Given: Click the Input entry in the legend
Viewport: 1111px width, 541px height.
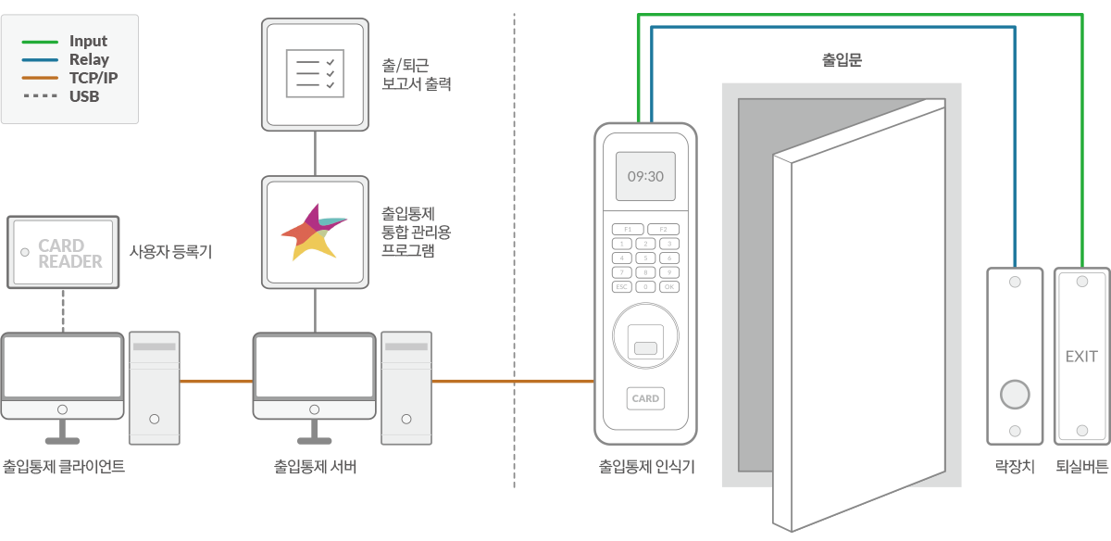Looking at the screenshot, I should [88, 41].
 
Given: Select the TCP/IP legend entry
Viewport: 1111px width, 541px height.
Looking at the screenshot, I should [93, 78].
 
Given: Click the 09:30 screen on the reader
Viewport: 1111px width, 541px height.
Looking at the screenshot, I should [645, 176].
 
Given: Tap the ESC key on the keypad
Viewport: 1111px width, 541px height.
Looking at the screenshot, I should [622, 286].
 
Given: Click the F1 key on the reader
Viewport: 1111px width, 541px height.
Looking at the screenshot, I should [627, 228].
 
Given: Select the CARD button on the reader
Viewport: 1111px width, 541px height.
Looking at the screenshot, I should [645, 398].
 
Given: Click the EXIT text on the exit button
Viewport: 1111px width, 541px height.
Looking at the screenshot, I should [1081, 357].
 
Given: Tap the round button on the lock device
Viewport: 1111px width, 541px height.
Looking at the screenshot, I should [1015, 395].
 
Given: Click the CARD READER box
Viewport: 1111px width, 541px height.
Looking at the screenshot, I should [64, 252].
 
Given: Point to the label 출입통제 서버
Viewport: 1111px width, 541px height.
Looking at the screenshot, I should [315, 467].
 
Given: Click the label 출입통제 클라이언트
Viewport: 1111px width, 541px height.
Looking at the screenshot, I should [64, 467].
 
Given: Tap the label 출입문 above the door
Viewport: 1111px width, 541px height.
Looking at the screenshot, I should [842, 60].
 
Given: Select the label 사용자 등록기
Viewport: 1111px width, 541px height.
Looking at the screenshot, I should [170, 251].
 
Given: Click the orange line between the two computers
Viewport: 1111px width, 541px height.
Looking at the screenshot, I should [216, 381].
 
